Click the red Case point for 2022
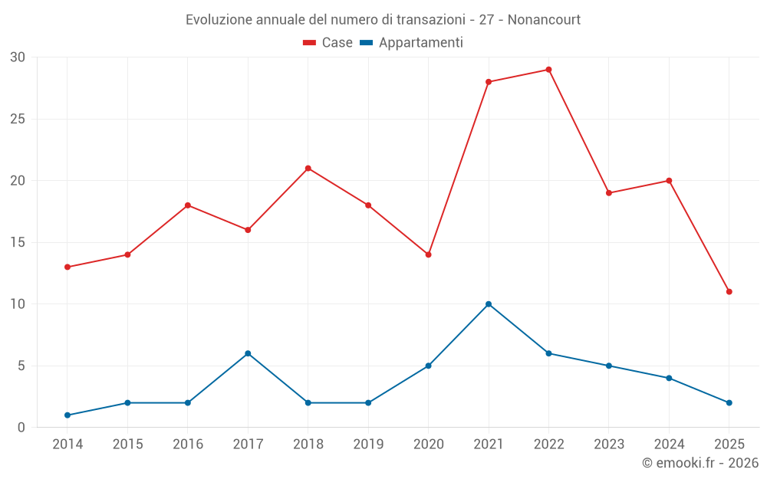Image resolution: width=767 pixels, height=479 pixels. [548, 70]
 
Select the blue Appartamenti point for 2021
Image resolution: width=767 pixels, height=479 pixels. [489, 304]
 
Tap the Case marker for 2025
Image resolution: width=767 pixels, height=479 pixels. [729, 292]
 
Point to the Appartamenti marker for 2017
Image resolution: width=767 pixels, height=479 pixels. [248, 353]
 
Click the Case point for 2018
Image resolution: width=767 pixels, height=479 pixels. [308, 169]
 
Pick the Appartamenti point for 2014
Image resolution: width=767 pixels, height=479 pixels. [67, 415]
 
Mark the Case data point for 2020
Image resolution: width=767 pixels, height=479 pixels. [428, 254]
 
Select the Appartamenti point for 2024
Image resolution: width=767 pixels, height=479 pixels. [669, 378]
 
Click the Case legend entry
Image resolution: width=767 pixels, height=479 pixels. [337, 43]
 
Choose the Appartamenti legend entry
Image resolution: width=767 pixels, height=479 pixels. [420, 43]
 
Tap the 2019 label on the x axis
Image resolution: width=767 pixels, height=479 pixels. [368, 445]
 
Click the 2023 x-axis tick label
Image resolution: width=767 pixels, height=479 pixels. [609, 445]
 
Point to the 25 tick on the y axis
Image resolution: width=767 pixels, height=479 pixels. [18, 119]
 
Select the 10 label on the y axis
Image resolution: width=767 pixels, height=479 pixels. [18, 304]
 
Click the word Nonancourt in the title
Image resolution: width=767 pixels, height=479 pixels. [545, 19]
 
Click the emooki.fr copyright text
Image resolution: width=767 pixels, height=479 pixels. [700, 463]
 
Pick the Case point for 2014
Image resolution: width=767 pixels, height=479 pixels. [67, 267]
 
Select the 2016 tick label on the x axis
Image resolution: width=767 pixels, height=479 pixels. [188, 445]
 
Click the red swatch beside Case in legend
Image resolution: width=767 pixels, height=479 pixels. [310, 43]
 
